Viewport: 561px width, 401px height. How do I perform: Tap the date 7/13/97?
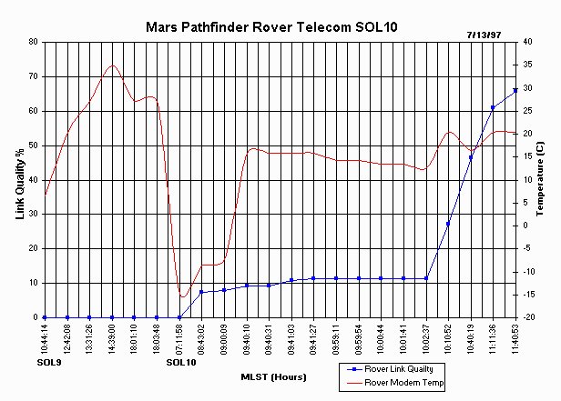pyautogui.click(x=484, y=34)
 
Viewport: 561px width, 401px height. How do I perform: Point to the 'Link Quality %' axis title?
pyautogui.click(x=19, y=180)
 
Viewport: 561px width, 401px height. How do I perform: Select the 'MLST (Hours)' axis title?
pyautogui.click(x=273, y=376)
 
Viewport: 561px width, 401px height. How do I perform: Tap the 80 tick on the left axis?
pyautogui.click(x=32, y=42)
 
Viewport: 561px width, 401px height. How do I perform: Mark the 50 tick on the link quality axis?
pyautogui.click(x=32, y=145)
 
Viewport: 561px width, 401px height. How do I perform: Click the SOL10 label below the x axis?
pyautogui.click(x=181, y=363)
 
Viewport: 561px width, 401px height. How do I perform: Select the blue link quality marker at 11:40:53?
pyautogui.click(x=515, y=90)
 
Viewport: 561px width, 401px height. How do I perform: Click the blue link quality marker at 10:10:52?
pyautogui.click(x=448, y=224)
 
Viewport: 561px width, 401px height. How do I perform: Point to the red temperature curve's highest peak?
pyautogui.click(x=112, y=65)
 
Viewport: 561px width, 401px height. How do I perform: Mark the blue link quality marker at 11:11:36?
pyautogui.click(x=493, y=107)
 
